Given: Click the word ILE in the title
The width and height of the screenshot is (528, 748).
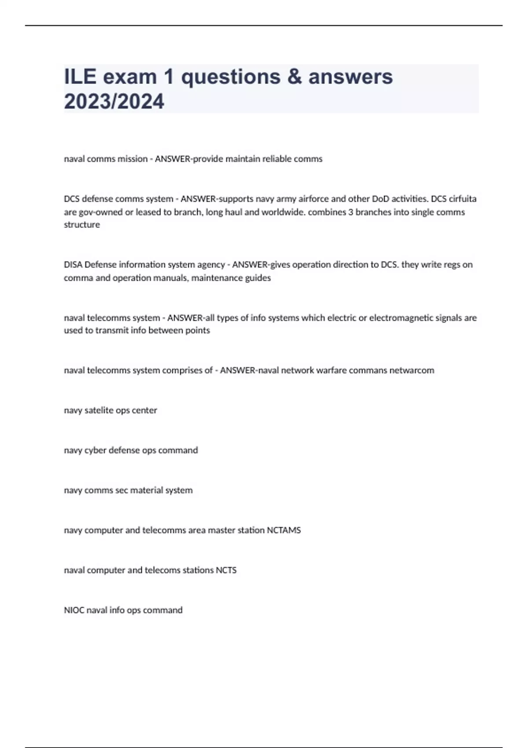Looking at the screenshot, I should (x=80, y=77).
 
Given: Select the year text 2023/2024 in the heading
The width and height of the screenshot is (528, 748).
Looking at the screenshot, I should (x=114, y=102).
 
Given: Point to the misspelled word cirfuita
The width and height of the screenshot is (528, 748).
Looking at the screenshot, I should (x=462, y=199).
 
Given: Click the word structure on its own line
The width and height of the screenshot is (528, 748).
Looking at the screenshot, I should (x=82, y=224).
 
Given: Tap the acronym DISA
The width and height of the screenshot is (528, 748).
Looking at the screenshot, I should (x=73, y=264).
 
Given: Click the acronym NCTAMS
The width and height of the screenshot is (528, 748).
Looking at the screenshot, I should (x=284, y=530).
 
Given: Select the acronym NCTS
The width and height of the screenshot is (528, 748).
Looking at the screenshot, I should (x=226, y=570).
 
